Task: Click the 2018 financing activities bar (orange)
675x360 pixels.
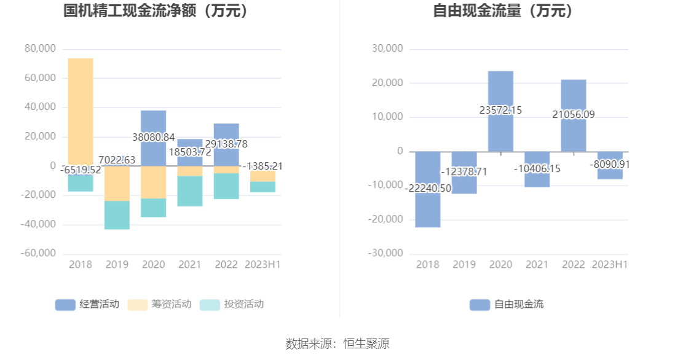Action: pyautogui.click(x=80, y=111)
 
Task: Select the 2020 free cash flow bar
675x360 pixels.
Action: pyautogui.click(x=500, y=92)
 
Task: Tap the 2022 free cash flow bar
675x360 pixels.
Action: pyautogui.click(x=573, y=98)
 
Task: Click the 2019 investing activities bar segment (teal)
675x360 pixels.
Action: pyautogui.click(x=117, y=215)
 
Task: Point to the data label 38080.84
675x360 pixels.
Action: pyautogui.click(x=154, y=138)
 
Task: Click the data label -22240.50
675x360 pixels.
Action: pyautogui.click(x=428, y=189)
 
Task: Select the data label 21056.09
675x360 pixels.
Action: pyautogui.click(x=574, y=114)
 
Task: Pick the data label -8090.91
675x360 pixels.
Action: pyautogui.click(x=610, y=164)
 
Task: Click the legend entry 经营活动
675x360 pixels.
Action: pyautogui.click(x=87, y=304)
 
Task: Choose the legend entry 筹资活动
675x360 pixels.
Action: pyautogui.click(x=159, y=304)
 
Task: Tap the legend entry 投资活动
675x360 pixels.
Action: pyautogui.click(x=232, y=304)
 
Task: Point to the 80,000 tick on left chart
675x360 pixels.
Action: pyautogui.click(x=40, y=49)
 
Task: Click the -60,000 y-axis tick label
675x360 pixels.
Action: pyautogui.click(x=38, y=253)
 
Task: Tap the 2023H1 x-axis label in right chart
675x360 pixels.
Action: pyautogui.click(x=610, y=265)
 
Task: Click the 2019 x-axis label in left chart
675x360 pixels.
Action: pyautogui.click(x=117, y=265)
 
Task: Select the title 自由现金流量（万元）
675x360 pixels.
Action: pyautogui.click(x=503, y=10)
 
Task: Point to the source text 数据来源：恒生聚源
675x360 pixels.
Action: pyautogui.click(x=337, y=343)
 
